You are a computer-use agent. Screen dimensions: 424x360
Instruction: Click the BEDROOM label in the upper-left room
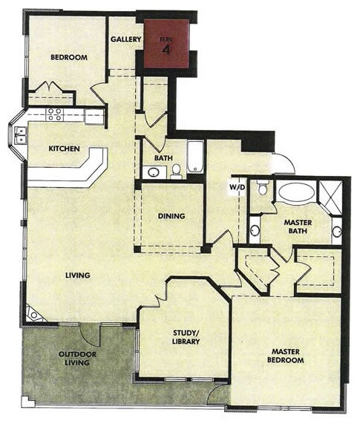click(70, 57)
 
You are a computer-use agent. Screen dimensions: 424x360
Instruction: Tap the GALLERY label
click(125, 39)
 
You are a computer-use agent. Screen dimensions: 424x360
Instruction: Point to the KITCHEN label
click(65, 149)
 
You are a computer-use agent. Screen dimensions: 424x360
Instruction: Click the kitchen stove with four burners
click(55, 114)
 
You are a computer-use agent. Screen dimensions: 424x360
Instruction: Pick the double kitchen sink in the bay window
click(22, 134)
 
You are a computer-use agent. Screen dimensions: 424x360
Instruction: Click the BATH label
click(163, 158)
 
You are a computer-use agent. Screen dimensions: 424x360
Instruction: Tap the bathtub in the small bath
click(195, 157)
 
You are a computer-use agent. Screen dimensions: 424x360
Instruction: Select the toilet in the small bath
click(177, 172)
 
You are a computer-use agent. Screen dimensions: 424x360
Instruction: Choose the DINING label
click(171, 216)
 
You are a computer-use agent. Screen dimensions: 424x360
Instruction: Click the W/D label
click(238, 186)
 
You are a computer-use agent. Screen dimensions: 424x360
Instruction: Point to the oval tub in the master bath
click(295, 192)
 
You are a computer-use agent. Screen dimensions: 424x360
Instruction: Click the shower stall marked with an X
click(332, 195)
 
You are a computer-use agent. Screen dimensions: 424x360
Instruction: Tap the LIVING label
click(77, 275)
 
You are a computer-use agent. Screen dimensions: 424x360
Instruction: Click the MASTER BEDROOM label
click(287, 356)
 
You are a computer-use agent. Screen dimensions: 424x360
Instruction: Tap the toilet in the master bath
click(261, 189)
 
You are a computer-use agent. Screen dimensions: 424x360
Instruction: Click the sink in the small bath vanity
click(153, 172)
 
